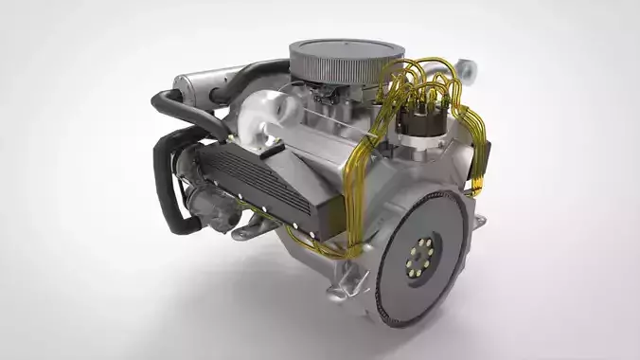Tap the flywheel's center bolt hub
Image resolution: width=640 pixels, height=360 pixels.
[423, 253]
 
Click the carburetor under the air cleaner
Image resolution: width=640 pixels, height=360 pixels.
[327, 95]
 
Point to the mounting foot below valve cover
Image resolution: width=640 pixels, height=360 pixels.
[248, 226]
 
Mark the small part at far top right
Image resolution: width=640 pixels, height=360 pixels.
[469, 68]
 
